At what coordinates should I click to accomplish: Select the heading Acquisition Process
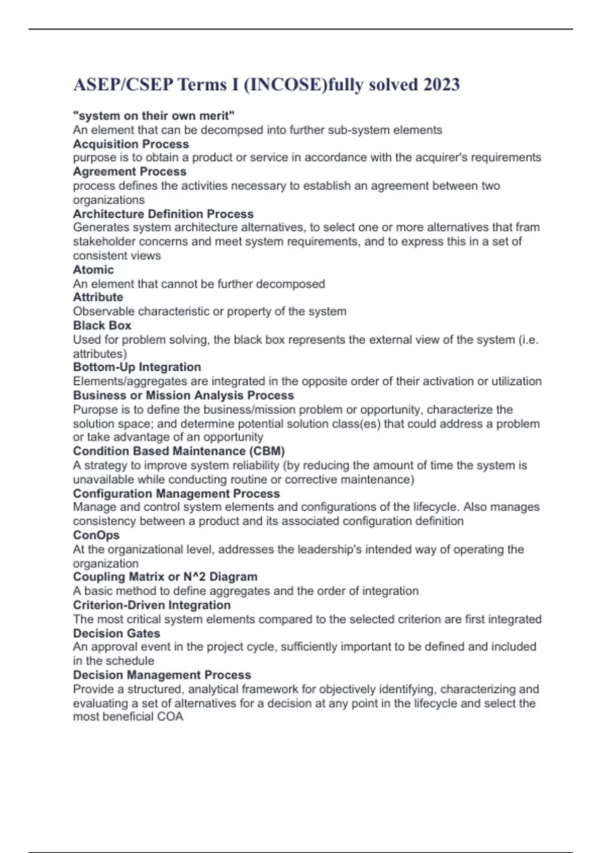coord(131,144)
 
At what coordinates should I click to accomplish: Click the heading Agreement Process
coord(129,172)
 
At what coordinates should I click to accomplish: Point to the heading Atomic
coord(93,269)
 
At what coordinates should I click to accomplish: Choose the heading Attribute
coord(98,297)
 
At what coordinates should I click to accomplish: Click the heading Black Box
coord(102,325)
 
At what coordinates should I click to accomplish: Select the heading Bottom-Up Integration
coord(137,367)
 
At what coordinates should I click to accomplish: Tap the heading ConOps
coord(96,535)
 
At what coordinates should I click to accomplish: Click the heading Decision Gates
coord(116,633)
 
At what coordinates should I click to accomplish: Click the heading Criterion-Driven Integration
coord(152,605)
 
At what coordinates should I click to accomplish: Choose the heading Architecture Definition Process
coord(163,214)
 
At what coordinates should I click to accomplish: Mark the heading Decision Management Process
coord(162,675)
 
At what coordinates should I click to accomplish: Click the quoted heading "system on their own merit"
coord(154,116)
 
